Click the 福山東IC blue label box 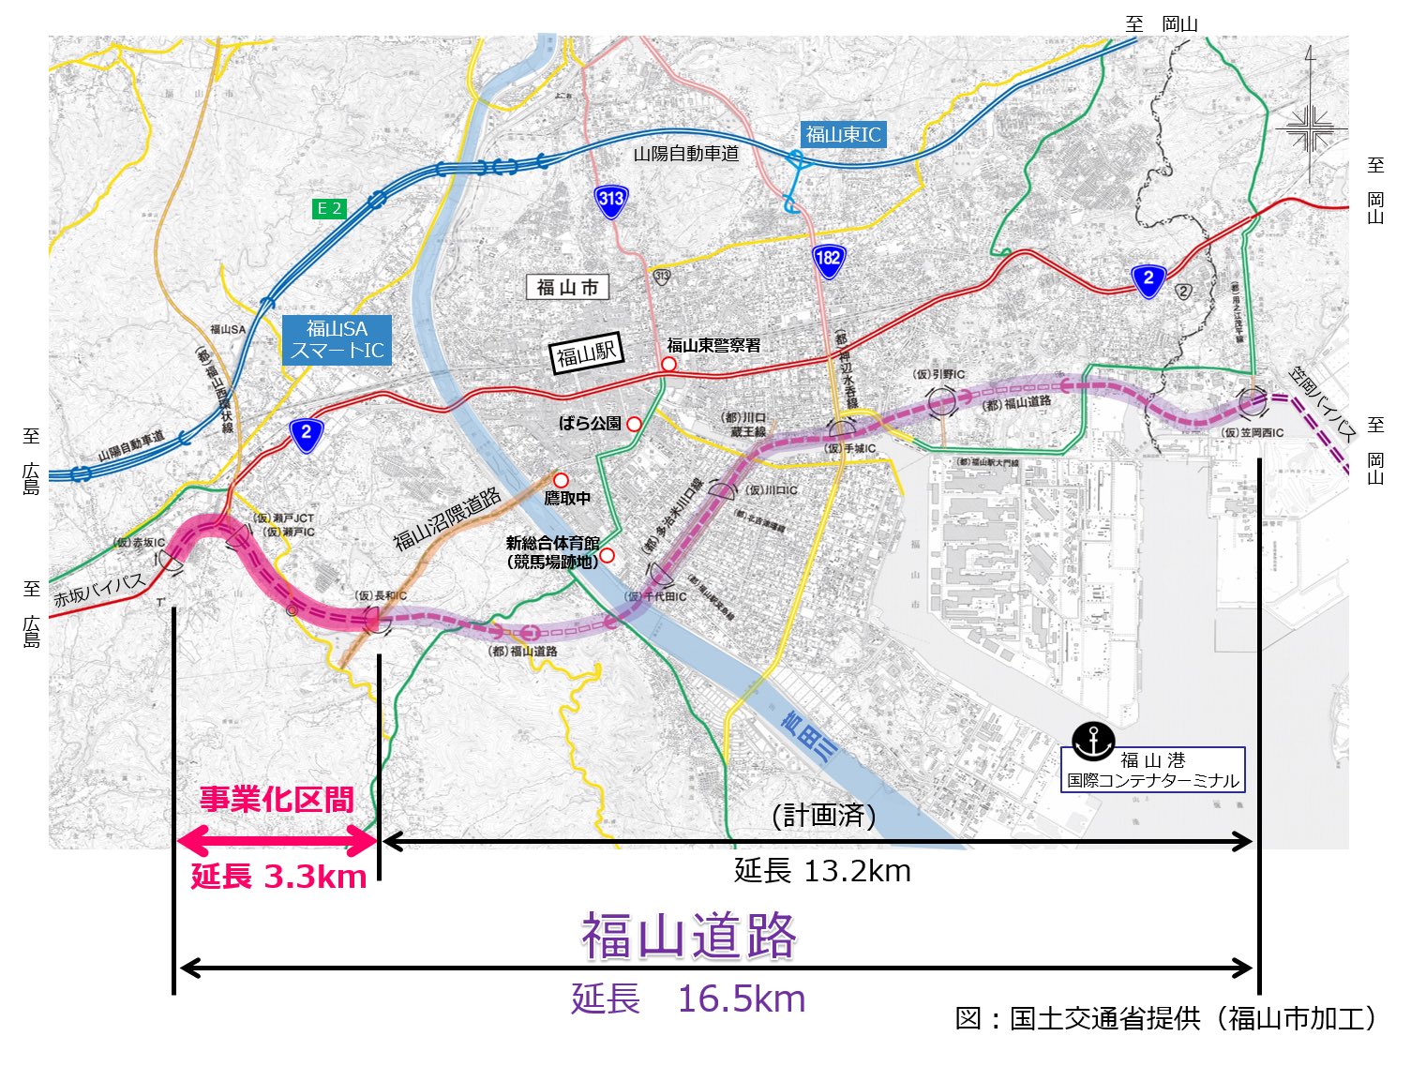point(843,134)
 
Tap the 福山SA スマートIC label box point(337,339)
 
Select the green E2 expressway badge point(329,208)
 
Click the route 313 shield point(610,200)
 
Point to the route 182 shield point(828,260)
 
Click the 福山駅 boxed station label point(586,354)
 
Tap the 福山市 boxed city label point(567,287)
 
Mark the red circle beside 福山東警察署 point(668,364)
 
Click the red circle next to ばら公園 point(634,424)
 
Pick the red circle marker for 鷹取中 point(561,480)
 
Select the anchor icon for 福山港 point(1093,741)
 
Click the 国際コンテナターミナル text point(1152,780)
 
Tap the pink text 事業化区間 point(277,800)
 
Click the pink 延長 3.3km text point(278,877)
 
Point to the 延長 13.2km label point(822,871)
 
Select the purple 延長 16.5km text point(688,999)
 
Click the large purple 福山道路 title point(689,936)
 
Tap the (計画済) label point(823,816)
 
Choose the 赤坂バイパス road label point(99,590)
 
